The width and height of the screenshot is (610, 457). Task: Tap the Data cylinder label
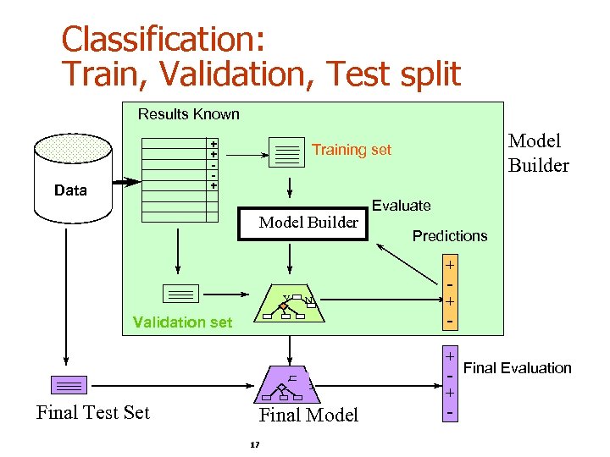[70, 190]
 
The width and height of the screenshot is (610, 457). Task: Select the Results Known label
[189, 114]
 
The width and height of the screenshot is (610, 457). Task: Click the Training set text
[352, 150]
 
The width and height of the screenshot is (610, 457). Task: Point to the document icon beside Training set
[287, 152]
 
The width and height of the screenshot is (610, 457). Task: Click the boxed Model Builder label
[308, 223]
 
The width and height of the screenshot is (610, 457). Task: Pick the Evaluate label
[402, 205]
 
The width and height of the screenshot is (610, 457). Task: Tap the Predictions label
[450, 236]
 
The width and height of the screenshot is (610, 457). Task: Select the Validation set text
[183, 322]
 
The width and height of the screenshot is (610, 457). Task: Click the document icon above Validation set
[180, 294]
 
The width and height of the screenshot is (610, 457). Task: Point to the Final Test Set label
[93, 413]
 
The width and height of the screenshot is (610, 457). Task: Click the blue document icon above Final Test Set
[68, 385]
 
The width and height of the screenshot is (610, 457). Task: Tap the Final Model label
[308, 415]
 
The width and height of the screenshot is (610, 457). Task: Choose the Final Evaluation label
[518, 368]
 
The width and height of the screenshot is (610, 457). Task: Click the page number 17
[255, 445]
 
